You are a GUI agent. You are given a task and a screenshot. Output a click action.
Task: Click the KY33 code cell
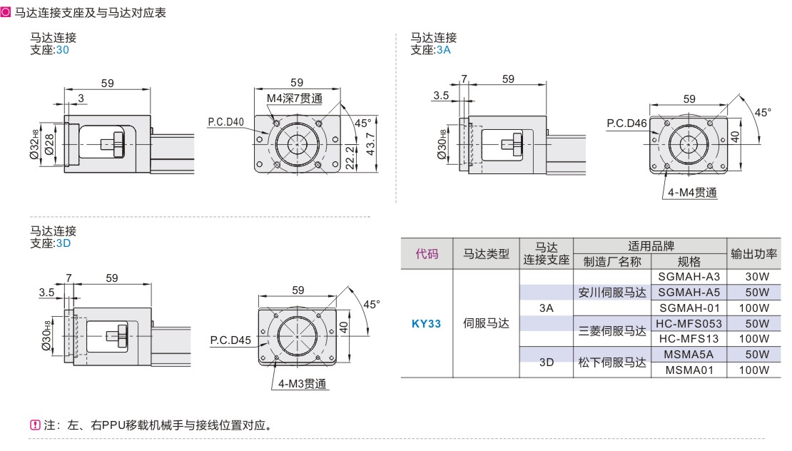click(x=427, y=323)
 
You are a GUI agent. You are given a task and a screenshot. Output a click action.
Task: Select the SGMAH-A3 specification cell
click(x=689, y=276)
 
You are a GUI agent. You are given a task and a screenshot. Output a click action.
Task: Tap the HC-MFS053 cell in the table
click(x=689, y=323)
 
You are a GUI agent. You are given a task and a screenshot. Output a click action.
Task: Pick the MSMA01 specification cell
click(x=689, y=370)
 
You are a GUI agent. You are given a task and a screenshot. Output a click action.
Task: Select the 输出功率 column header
click(x=753, y=253)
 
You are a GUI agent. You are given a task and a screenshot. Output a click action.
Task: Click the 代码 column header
click(x=427, y=253)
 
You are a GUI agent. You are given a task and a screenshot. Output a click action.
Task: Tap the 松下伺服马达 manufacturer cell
click(x=611, y=362)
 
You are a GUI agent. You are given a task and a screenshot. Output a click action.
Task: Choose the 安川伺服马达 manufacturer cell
click(x=611, y=292)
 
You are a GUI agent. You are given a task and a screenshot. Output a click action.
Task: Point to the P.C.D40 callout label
click(x=226, y=122)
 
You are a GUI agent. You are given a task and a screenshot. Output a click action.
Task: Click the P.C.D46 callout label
click(x=626, y=123)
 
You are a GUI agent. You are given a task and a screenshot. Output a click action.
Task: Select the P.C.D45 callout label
click(x=230, y=340)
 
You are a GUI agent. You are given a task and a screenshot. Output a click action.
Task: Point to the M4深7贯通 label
click(x=295, y=98)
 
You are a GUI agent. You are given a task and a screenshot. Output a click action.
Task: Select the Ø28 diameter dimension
click(x=48, y=143)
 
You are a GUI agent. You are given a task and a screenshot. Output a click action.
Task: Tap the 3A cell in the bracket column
click(x=547, y=308)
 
